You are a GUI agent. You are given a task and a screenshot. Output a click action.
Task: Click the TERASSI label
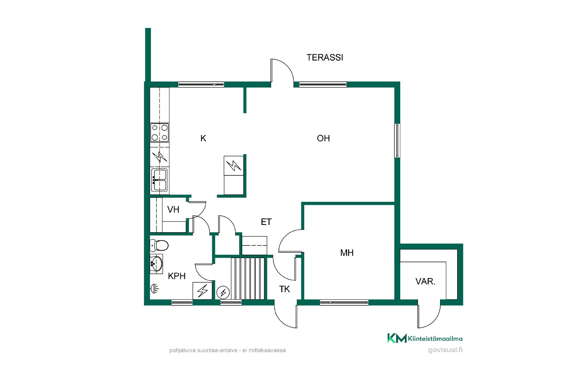click(325, 57)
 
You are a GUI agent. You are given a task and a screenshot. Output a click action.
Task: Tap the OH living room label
click(323, 138)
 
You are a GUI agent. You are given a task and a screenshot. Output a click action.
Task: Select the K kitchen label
click(203, 138)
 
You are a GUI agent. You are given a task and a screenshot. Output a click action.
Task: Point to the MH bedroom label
click(347, 253)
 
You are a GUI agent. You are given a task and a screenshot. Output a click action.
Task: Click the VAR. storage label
click(425, 282)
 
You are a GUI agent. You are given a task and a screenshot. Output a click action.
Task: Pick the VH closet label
click(173, 209)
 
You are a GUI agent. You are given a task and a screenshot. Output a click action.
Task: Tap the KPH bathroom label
click(177, 276)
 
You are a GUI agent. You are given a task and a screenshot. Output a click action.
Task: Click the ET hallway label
click(266, 222)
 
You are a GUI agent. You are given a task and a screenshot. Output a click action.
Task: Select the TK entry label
click(285, 289)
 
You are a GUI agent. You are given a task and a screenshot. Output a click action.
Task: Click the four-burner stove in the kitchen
click(160, 132)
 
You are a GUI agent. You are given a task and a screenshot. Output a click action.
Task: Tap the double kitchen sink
click(160, 180)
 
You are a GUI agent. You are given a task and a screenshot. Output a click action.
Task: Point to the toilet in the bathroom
click(159, 245)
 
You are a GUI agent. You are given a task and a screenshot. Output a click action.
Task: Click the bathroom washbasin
click(156, 264)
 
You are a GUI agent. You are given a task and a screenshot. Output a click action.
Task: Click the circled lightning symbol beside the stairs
click(223, 292)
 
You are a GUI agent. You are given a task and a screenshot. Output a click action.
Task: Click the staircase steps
click(248, 278)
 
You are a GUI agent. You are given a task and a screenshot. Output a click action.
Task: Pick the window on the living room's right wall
click(397, 140)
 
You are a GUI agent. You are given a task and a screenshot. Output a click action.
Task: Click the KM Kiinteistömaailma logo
click(425, 338)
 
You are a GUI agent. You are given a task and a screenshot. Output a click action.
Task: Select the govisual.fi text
click(445, 350)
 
